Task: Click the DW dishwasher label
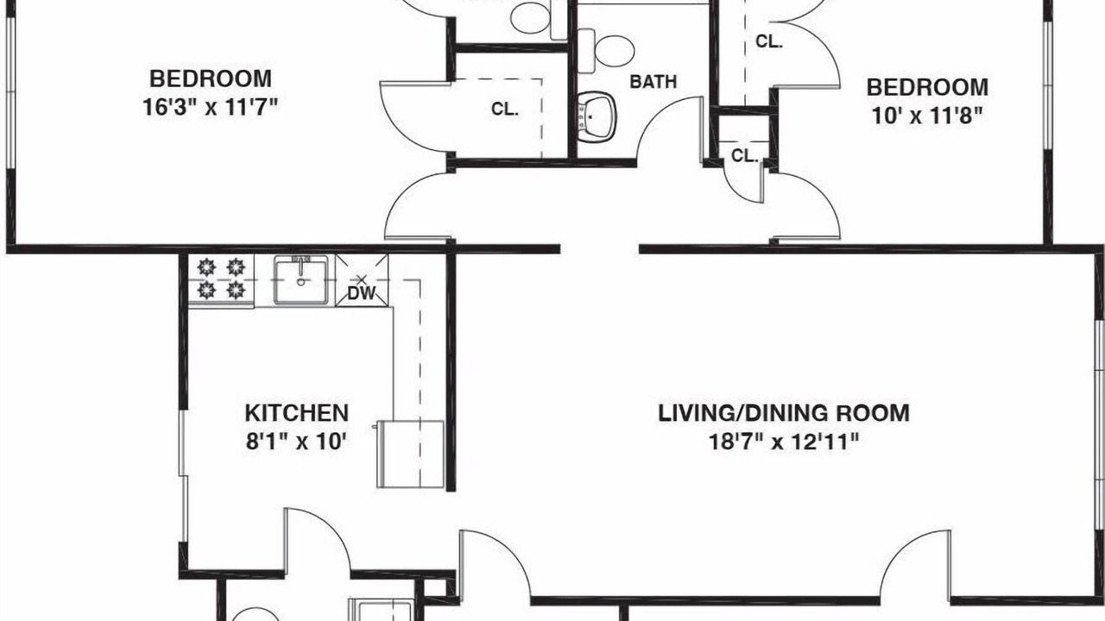(362, 293)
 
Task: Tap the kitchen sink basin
(301, 282)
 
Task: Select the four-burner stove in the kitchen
(222, 279)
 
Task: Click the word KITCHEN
(296, 413)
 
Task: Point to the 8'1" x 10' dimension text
(296, 442)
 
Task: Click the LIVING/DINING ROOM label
(784, 413)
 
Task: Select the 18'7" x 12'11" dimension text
(784, 442)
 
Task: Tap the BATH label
(654, 81)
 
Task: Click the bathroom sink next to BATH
(597, 117)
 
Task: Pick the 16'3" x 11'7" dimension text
(211, 107)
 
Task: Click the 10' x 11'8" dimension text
(927, 116)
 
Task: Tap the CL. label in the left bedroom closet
(505, 109)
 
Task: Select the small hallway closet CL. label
(744, 156)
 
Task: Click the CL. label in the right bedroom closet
(769, 41)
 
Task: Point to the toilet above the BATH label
(607, 51)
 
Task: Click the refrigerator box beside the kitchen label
(410, 454)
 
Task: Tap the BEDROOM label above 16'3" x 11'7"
(211, 78)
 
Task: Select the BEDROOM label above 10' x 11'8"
(927, 88)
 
